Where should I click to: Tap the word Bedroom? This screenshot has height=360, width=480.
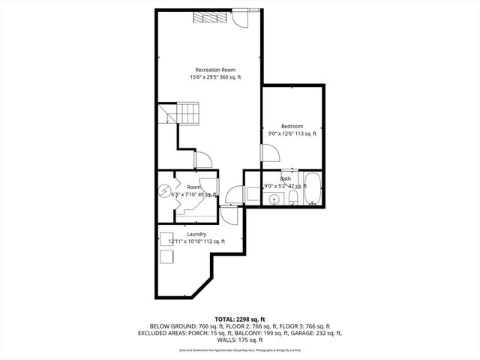point(292,126)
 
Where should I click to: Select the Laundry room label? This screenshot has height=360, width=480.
point(196,234)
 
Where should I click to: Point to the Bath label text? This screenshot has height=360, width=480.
point(286,178)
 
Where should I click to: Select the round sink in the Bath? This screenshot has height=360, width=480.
point(274,199)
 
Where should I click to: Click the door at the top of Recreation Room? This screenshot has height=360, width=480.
point(238,18)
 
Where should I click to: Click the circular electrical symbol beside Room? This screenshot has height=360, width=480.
point(164,191)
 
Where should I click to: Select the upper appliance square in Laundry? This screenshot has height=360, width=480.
point(166,239)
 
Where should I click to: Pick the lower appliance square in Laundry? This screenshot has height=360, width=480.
point(166,256)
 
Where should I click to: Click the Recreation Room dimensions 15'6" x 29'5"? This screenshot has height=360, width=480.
point(214,77)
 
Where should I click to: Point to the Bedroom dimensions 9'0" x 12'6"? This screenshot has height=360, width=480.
point(292,134)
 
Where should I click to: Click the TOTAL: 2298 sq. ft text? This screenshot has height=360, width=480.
point(240,319)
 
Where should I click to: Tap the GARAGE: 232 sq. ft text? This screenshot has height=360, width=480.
point(317,333)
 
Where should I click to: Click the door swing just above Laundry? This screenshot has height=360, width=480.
point(232,216)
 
